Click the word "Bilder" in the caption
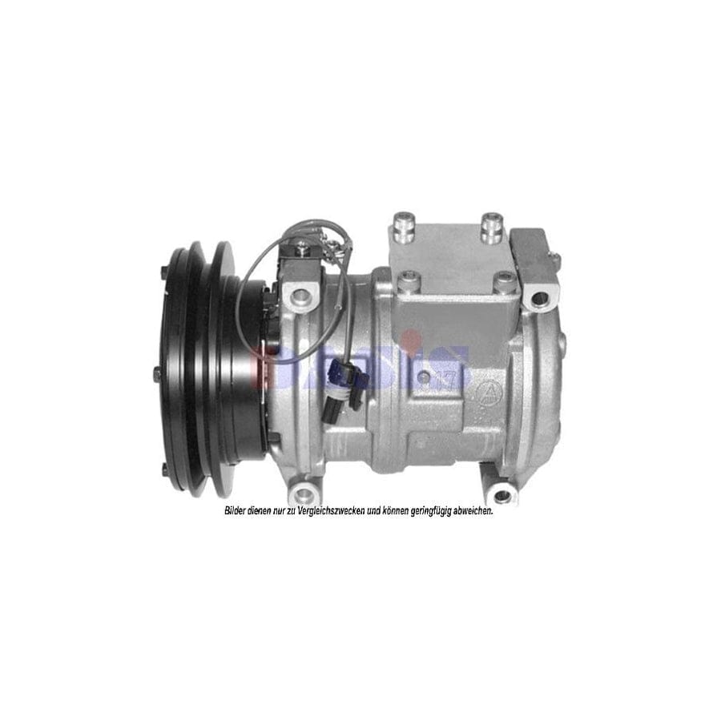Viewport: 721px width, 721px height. (236, 511)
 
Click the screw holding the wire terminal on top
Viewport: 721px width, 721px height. (303, 251)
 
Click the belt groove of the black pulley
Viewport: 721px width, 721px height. (198, 360)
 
